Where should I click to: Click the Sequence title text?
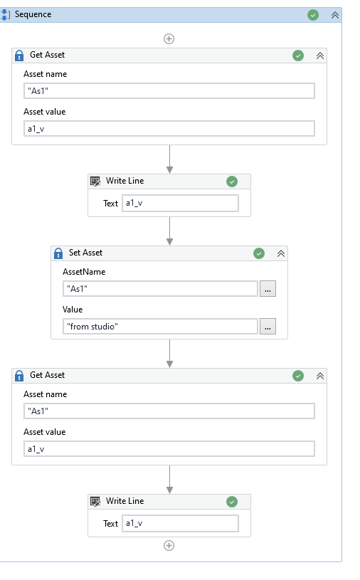point(33,14)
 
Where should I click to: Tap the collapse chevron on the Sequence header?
point(334,15)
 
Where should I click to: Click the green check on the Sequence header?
point(313,15)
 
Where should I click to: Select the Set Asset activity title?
point(85,253)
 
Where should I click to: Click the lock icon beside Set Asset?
point(58,253)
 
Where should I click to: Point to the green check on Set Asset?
point(259,253)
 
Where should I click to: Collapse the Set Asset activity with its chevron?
point(281,253)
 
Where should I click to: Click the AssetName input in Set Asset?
point(160,288)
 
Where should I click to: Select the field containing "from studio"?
point(160,326)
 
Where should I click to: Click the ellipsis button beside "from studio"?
point(268,326)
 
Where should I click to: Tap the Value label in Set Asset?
point(73,310)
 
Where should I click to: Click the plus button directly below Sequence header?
point(169,39)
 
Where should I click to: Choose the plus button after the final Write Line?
point(169,546)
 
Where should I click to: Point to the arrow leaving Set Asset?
point(169,353)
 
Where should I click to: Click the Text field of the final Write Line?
point(180,523)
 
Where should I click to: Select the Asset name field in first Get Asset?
point(169,90)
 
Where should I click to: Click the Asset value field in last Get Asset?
point(169,448)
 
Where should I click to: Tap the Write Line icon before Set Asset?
point(95,181)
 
